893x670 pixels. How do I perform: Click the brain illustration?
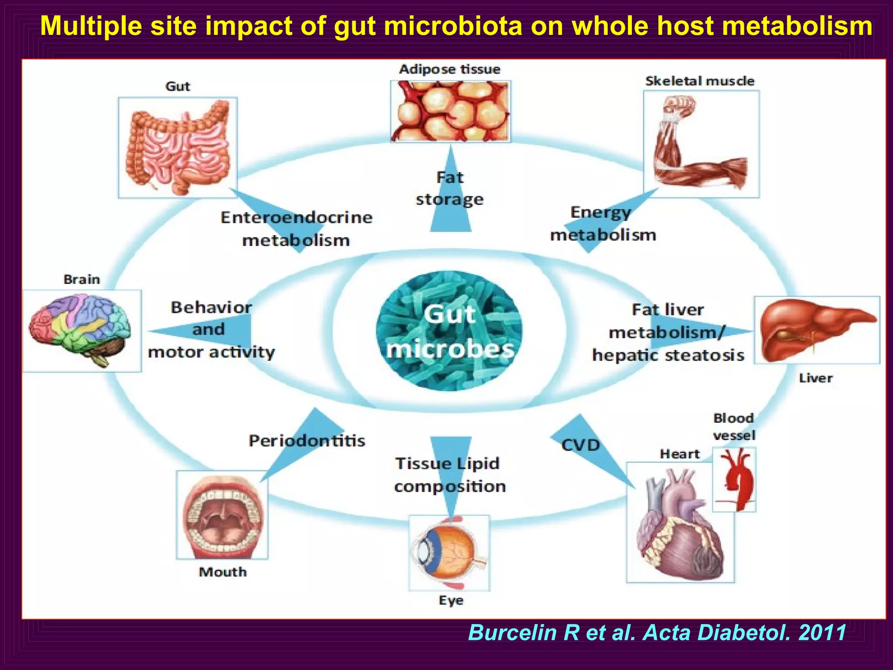point(81,329)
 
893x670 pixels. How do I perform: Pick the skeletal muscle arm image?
point(701,144)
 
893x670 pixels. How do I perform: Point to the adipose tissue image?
point(450,111)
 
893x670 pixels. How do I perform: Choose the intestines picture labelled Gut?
point(178,147)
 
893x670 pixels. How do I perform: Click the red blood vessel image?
point(734,479)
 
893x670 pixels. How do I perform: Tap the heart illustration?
point(680,523)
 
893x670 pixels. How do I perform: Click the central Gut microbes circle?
point(449,331)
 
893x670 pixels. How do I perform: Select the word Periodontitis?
point(307,441)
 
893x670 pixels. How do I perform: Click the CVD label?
point(580,445)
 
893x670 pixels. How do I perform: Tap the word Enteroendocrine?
point(297,217)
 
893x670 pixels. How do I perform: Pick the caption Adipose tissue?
point(450,69)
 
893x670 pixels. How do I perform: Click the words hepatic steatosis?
point(668,355)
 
